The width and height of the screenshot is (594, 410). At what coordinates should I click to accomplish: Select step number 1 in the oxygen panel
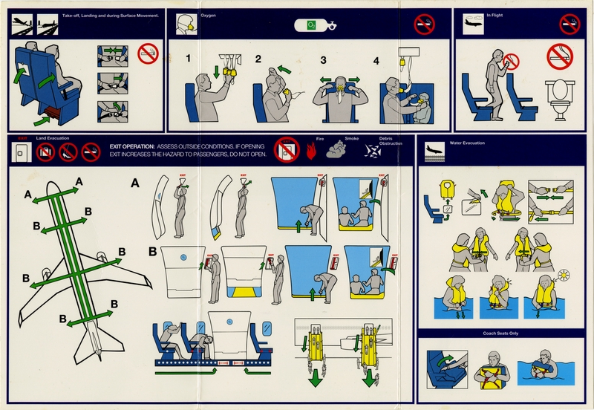189,59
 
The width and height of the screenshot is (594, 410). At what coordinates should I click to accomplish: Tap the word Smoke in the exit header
351,139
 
